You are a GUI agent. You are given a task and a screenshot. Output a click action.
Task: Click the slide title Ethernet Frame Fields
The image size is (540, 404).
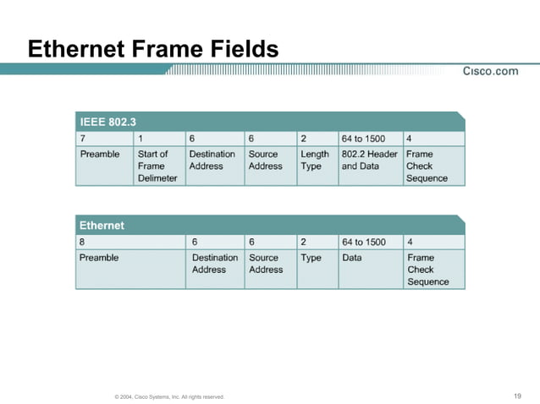[153, 49]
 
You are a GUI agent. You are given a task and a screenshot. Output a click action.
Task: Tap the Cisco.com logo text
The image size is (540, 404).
[490, 71]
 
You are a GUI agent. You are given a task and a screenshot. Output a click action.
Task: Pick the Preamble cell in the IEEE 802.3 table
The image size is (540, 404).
[100, 155]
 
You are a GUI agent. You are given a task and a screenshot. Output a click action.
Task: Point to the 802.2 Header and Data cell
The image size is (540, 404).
[369, 161]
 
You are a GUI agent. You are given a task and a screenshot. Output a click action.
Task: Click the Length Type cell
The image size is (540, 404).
[314, 161]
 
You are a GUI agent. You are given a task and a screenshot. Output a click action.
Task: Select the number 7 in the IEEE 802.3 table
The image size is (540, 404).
[83, 139]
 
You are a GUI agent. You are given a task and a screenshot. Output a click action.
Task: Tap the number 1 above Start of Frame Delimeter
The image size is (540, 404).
[141, 139]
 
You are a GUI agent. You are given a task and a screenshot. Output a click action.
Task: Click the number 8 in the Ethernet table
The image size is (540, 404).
[83, 242]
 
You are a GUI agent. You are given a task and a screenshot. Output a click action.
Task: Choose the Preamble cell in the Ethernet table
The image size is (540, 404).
[99, 258]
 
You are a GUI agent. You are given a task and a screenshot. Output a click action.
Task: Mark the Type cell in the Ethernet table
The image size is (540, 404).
[311, 258]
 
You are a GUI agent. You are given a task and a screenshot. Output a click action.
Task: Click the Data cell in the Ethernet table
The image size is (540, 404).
[352, 258]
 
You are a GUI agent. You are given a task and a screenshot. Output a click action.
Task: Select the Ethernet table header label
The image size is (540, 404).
[102, 226]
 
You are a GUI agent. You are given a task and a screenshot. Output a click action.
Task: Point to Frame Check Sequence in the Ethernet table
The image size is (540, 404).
[427, 269]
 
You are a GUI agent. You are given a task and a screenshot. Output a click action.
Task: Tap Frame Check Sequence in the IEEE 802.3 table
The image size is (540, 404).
[426, 166]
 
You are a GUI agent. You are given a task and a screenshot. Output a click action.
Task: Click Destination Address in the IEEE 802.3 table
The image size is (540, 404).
[212, 161]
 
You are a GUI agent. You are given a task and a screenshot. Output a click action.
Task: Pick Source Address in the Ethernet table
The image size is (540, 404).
[266, 263]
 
